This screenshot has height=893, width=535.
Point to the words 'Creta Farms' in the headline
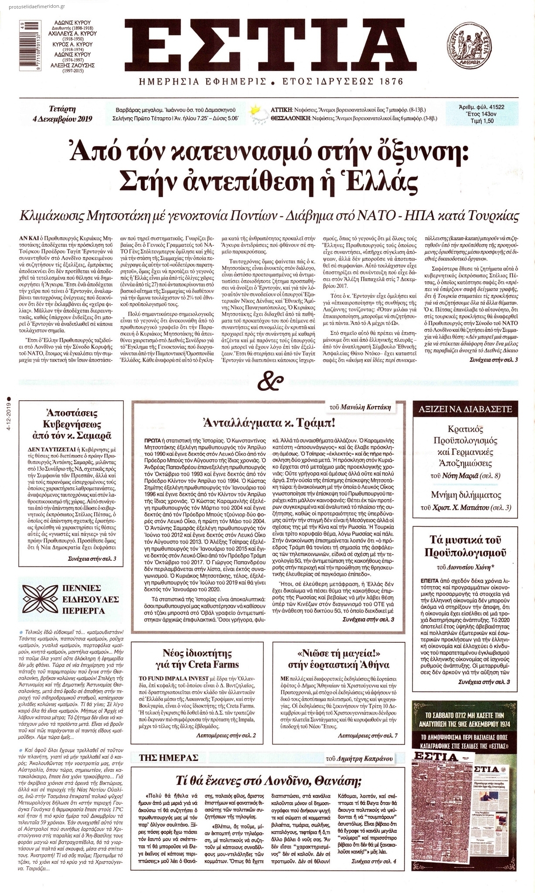point(215,665)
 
